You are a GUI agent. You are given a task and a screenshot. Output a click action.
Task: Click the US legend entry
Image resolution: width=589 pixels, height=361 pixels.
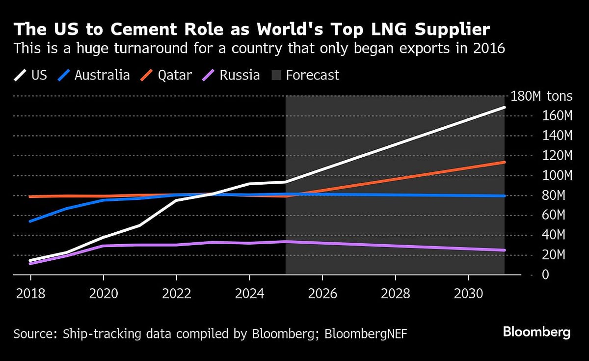pyautogui.click(x=30, y=75)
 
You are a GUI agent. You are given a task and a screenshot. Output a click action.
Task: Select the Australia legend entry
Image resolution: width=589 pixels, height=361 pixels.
pyautogui.click(x=93, y=75)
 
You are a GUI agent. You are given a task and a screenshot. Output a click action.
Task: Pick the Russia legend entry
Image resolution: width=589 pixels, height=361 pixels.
pyautogui.click(x=231, y=75)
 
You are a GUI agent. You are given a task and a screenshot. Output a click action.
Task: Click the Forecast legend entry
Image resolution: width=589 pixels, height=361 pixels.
pyautogui.click(x=304, y=75)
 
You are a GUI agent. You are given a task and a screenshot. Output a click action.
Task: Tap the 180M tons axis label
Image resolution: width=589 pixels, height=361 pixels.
pyautogui.click(x=541, y=96)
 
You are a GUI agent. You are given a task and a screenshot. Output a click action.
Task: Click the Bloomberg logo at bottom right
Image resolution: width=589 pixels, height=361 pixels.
pyautogui.click(x=536, y=332)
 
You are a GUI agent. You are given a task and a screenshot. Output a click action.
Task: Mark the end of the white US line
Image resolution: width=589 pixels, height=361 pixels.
pyautogui.click(x=504, y=107)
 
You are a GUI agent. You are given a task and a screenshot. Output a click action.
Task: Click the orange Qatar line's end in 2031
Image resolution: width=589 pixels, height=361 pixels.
pyautogui.click(x=504, y=162)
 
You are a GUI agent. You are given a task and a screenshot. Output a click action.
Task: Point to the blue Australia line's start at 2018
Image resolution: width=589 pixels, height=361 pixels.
pyautogui.click(x=30, y=221)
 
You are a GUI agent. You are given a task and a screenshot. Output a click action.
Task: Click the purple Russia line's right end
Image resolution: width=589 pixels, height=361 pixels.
pyautogui.click(x=504, y=250)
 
